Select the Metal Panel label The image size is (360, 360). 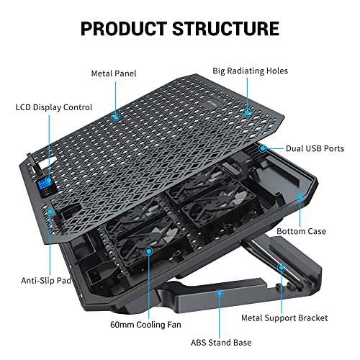tap(113, 73)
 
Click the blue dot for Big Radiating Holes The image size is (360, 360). tap(247, 112)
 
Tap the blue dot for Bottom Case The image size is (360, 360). tap(300, 194)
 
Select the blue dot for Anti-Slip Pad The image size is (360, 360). tap(51, 212)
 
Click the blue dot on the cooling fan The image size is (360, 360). tap(149, 251)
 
